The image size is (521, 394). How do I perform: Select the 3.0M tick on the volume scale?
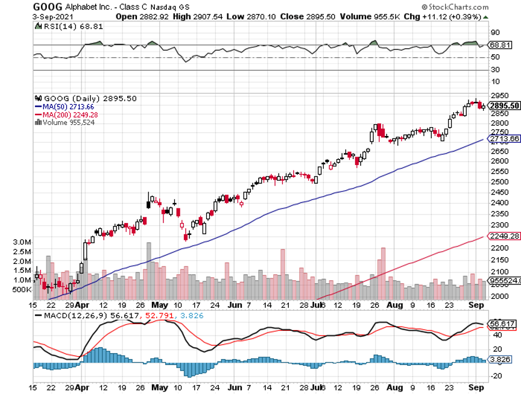(22, 242)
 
